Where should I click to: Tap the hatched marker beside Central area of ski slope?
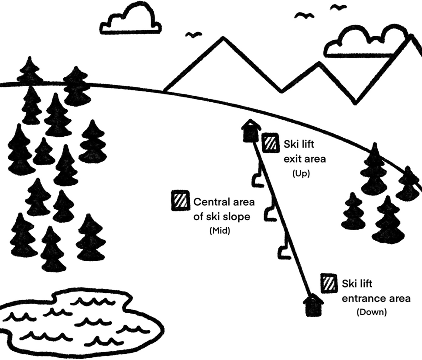[179, 201]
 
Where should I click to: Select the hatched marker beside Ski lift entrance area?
[329, 283]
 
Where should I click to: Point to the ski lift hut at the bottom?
[313, 305]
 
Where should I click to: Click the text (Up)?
[300, 173]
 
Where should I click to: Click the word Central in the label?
[210, 202]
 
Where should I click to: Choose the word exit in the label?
[293, 159]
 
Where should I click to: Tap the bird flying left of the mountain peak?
[193, 35]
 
